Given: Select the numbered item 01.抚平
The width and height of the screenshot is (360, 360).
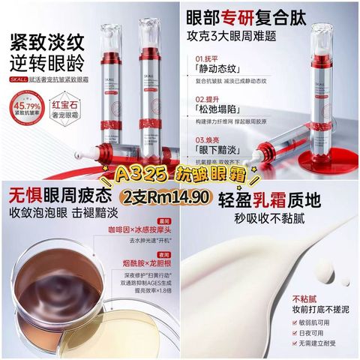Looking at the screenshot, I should tap(210, 58).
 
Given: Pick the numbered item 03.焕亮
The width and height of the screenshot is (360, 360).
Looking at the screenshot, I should tap(210, 138).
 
